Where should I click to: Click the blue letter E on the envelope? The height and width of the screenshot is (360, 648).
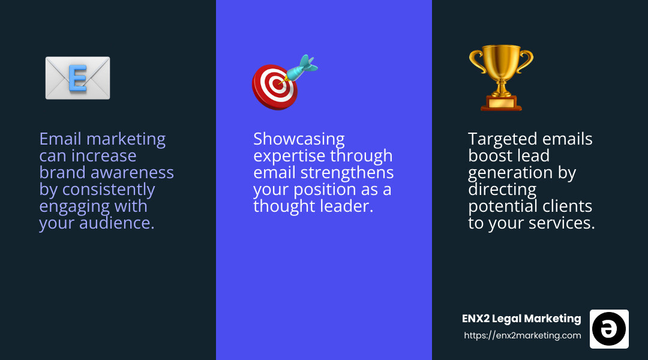(77, 79)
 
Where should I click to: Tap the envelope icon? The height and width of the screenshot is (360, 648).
(77, 78)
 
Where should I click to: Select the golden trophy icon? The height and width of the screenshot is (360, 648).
(501, 78)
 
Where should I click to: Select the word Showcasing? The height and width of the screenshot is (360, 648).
(299, 139)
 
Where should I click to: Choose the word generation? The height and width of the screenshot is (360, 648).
(513, 173)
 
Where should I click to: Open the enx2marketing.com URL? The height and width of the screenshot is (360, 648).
(523, 335)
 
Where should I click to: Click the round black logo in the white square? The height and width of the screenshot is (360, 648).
(609, 329)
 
